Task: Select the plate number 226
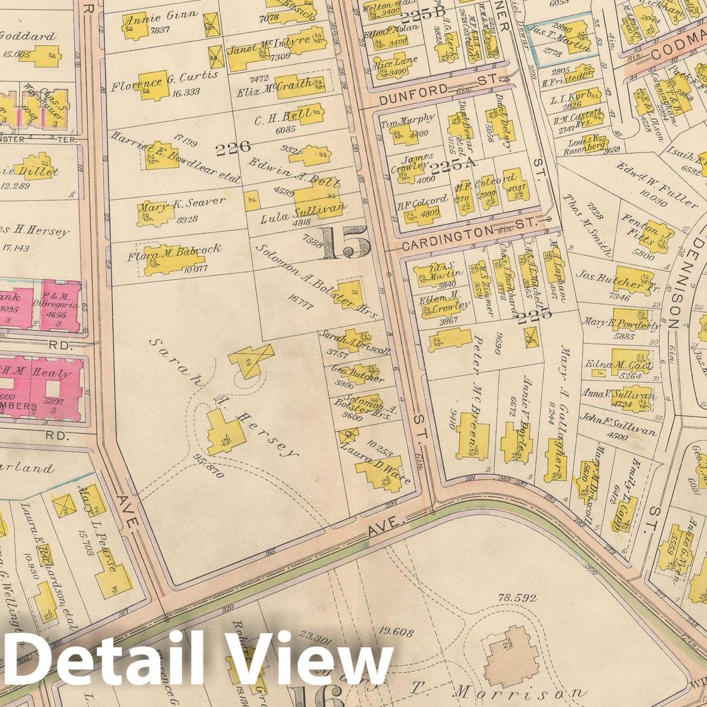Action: [232, 149]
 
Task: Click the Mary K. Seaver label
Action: [181, 202]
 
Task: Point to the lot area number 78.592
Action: [517, 598]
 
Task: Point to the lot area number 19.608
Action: [395, 633]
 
